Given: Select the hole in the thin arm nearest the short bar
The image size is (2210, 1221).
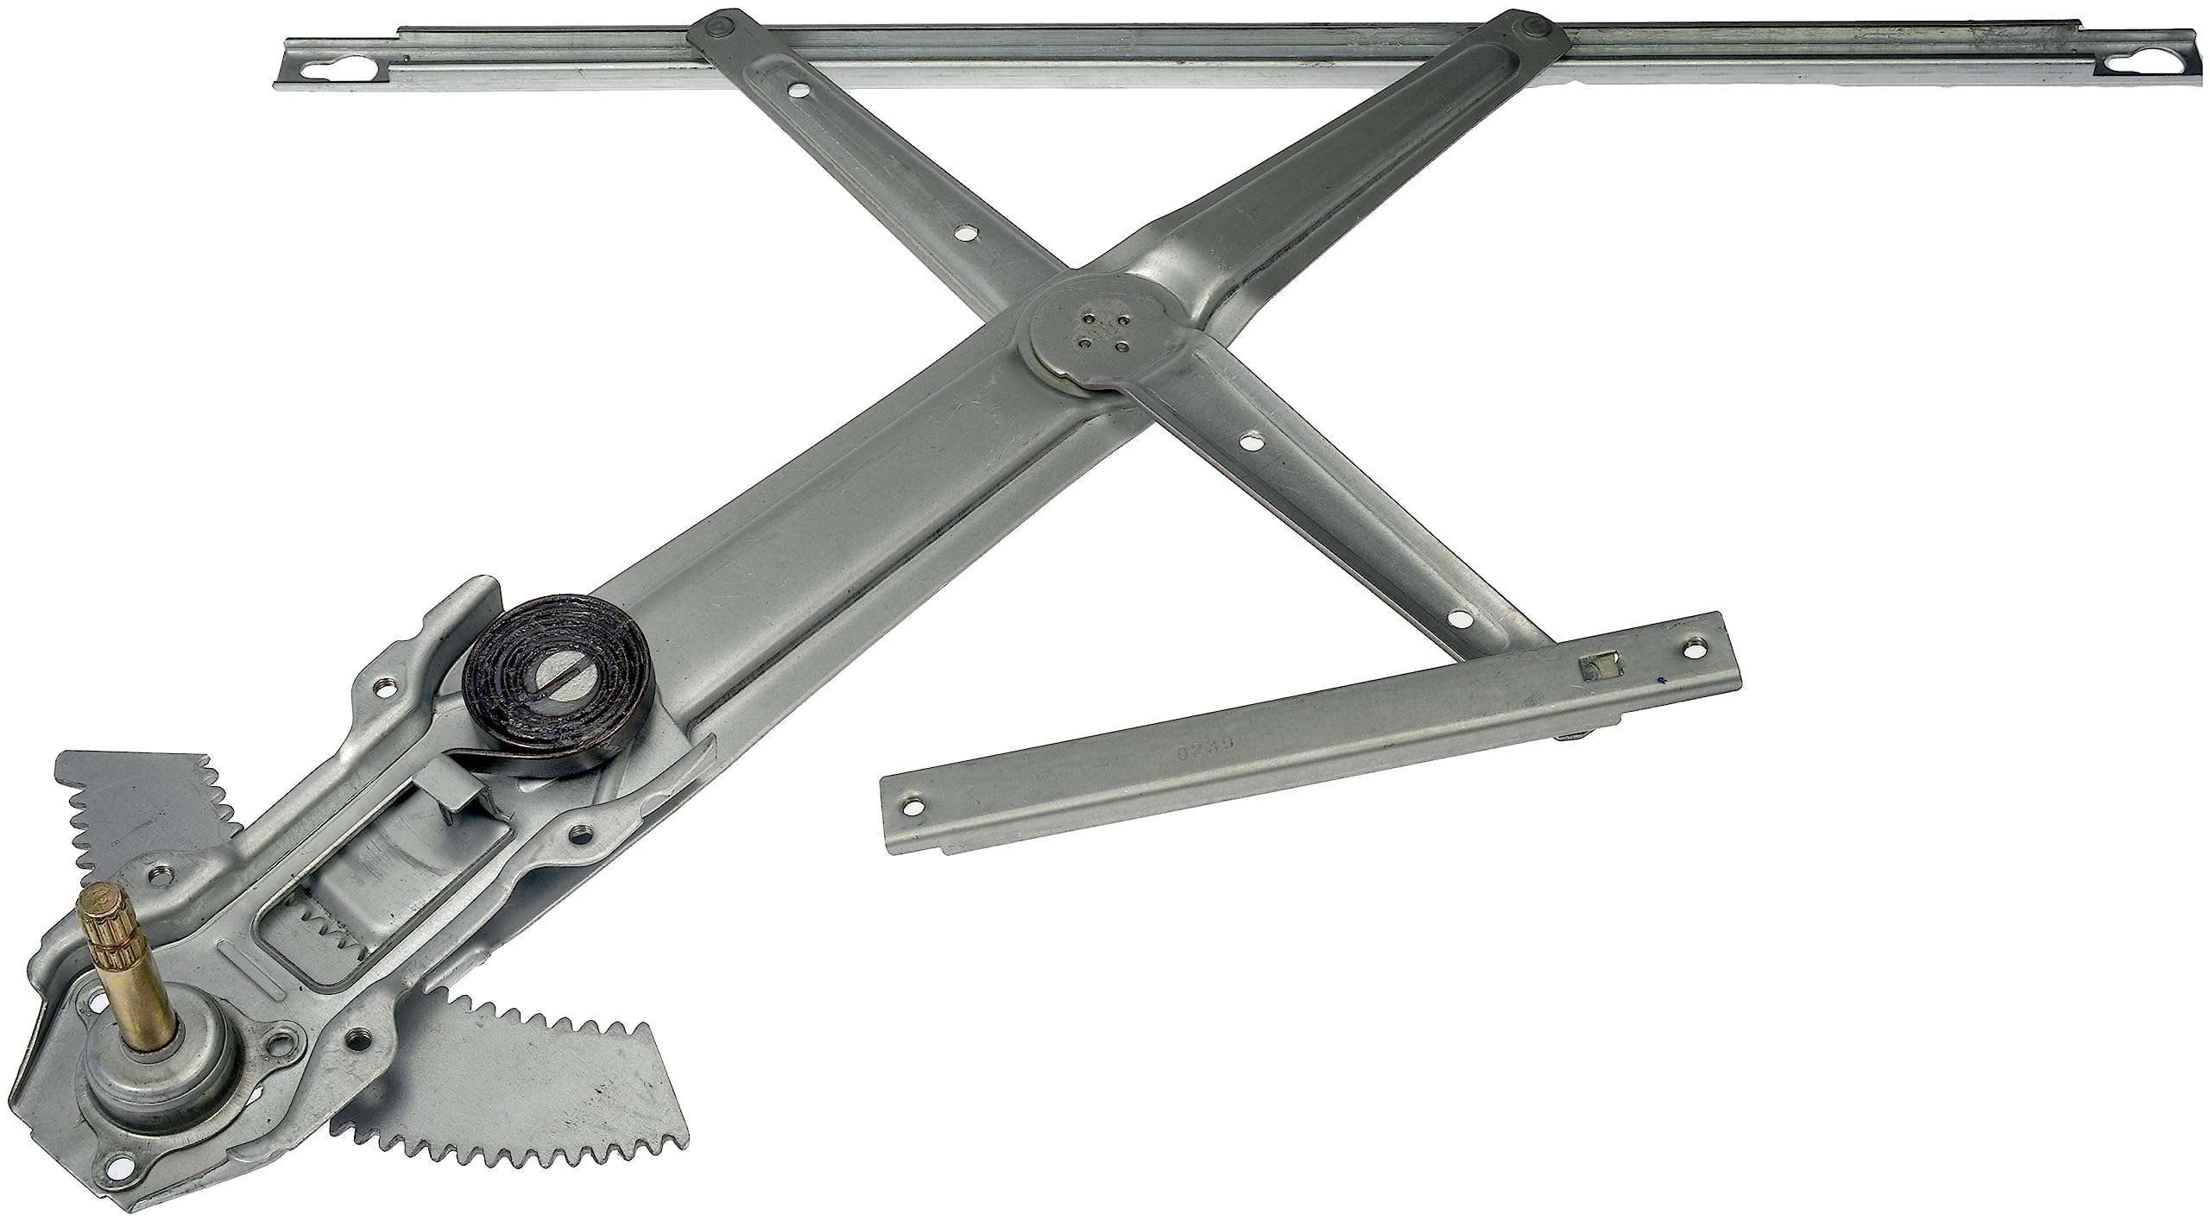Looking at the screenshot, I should (1457, 618).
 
